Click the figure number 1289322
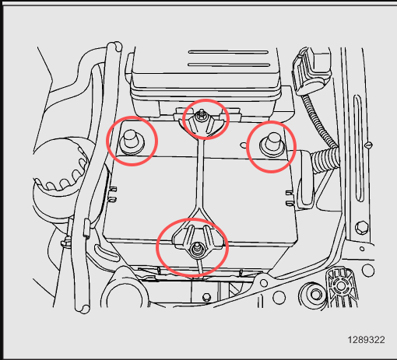[x=366, y=340]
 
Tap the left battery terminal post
[x=132, y=142]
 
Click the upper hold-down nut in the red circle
[x=201, y=116]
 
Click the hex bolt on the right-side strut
[x=362, y=228]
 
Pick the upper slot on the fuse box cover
[x=228, y=52]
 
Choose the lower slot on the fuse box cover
[x=229, y=65]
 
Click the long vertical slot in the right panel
[x=358, y=149]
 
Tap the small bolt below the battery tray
[x=206, y=297]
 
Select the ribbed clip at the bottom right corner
[x=341, y=288]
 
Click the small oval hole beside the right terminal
[x=244, y=145]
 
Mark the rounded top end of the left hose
[x=114, y=47]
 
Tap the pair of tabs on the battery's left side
[x=112, y=194]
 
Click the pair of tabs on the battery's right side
[x=290, y=198]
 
